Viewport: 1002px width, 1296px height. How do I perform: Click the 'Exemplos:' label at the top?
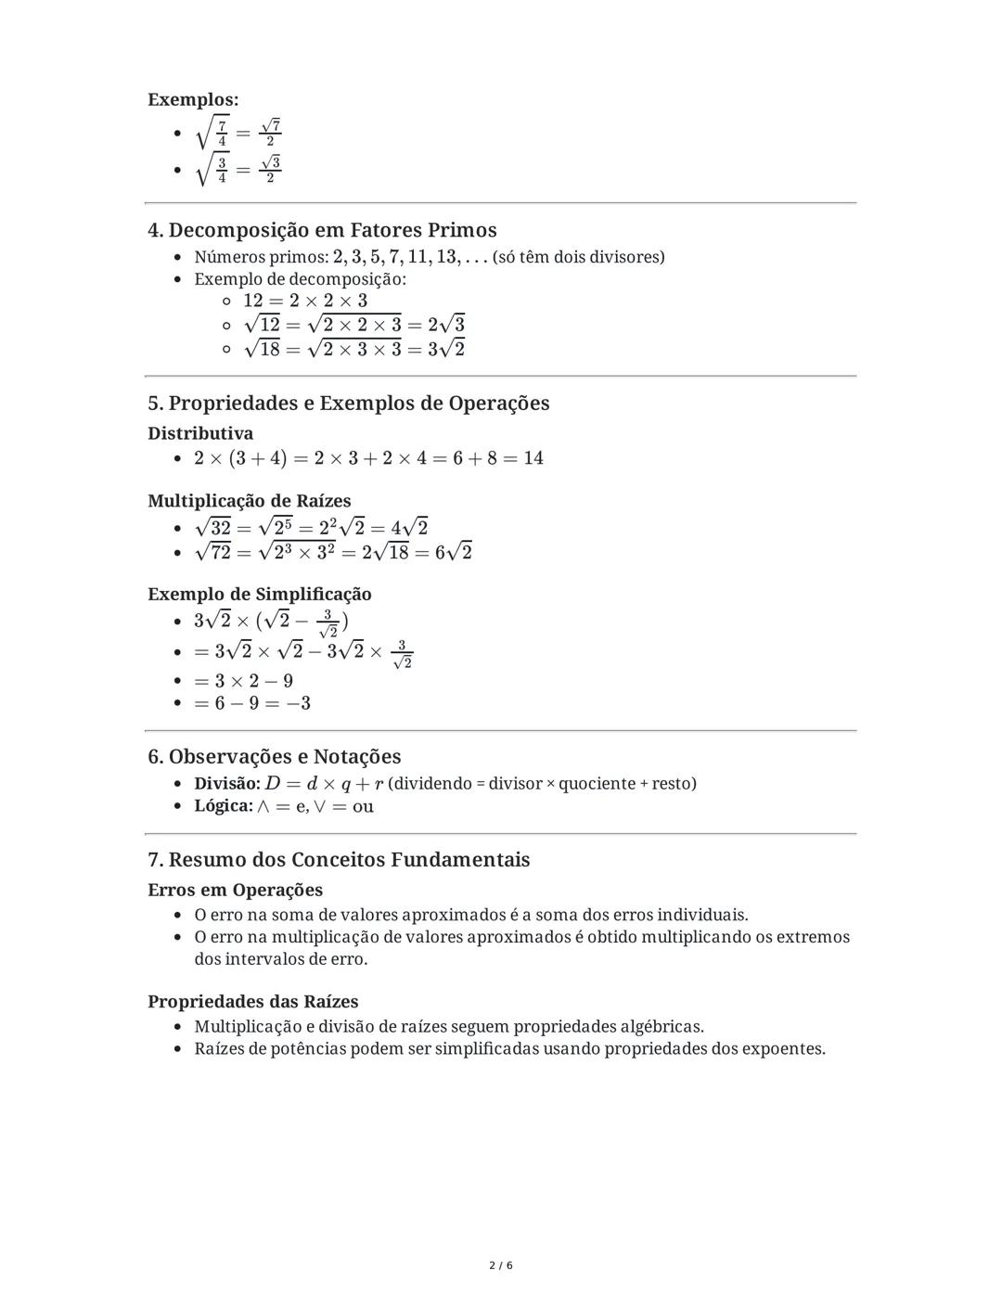pyautogui.click(x=193, y=99)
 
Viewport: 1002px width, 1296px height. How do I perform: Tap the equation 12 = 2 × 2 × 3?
pyautogui.click(x=305, y=301)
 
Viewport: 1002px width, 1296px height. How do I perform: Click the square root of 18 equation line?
pyautogui.click(x=353, y=349)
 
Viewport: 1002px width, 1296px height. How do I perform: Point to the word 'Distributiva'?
pyautogui.click(x=200, y=433)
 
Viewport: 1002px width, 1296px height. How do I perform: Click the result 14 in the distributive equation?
pyautogui.click(x=533, y=458)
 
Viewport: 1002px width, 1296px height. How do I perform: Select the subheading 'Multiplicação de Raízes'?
pyautogui.click(x=250, y=501)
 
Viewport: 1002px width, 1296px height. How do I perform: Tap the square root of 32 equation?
pyautogui.click(x=311, y=528)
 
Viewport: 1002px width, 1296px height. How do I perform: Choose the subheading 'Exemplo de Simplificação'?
pyautogui.click(x=260, y=594)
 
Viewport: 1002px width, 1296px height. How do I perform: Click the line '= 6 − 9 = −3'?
pyautogui.click(x=252, y=703)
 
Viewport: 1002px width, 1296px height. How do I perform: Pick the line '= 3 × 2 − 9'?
pyautogui.click(x=243, y=681)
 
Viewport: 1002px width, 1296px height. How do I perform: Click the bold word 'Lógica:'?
pyautogui.click(x=224, y=806)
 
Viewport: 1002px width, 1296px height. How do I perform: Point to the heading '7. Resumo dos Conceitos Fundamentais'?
pyautogui.click(x=339, y=859)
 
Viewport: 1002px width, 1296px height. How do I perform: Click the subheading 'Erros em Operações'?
pyautogui.click(x=236, y=890)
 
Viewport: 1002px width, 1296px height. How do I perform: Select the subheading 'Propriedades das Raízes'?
pyautogui.click(x=253, y=1002)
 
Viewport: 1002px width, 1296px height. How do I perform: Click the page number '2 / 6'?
pyautogui.click(x=501, y=1265)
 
